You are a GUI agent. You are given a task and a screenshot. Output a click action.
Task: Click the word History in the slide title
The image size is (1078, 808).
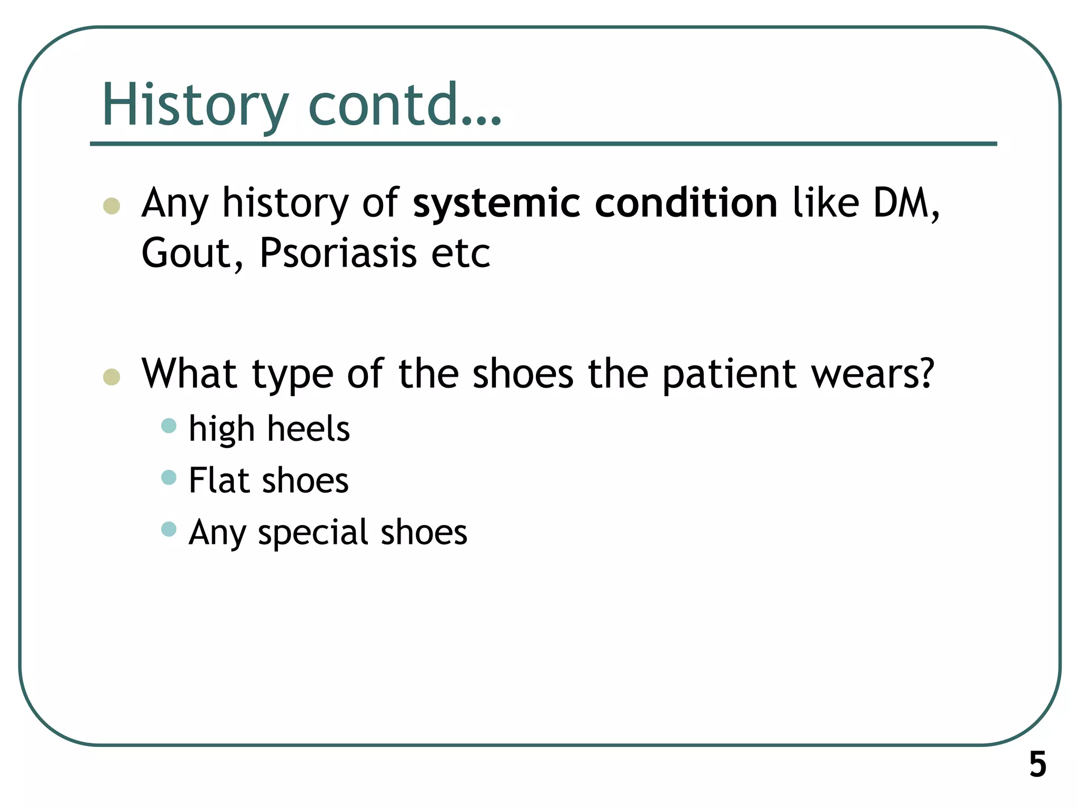tap(195, 105)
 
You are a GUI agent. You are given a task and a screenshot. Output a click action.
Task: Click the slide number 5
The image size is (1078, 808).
tap(1037, 765)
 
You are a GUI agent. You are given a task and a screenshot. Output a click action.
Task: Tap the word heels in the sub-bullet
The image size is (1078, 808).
tap(308, 429)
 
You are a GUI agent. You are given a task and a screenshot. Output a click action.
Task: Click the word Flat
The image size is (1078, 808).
tap(218, 480)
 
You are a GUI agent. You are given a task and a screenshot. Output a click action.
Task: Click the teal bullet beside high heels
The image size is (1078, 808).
tap(168, 425)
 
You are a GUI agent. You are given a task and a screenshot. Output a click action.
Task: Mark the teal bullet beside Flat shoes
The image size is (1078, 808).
tap(168, 477)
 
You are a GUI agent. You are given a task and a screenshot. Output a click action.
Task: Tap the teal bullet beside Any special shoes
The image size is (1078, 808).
tap(168, 529)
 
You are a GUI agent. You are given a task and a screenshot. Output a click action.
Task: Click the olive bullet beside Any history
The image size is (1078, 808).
tap(112, 206)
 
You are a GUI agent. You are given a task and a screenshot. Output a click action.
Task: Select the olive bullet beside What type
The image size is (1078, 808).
tap(112, 377)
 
